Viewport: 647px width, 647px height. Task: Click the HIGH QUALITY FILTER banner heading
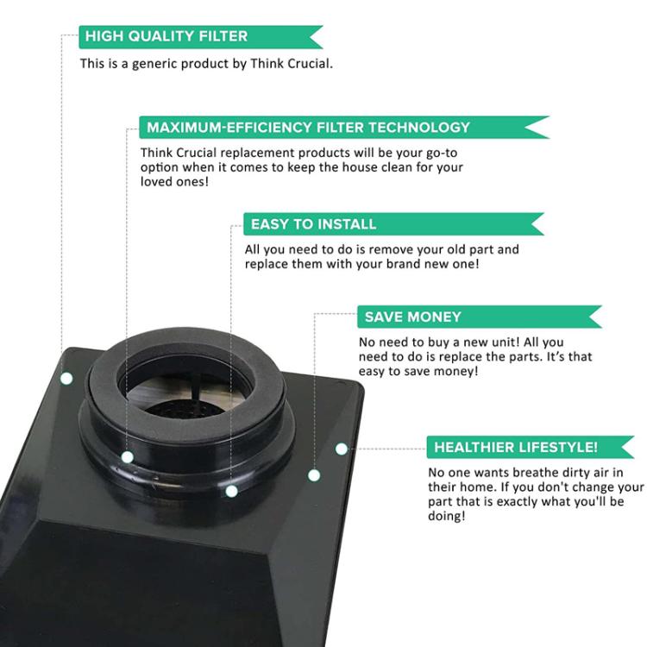[166, 36]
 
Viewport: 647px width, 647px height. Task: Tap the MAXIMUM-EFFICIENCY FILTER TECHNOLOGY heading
[308, 127]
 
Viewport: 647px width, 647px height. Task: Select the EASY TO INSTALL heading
[314, 224]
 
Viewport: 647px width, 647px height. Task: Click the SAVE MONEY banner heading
[412, 317]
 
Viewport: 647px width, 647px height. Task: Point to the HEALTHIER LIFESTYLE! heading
[516, 447]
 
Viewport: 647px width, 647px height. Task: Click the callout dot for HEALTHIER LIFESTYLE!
[342, 449]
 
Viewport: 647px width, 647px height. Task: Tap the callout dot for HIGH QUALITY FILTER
[66, 379]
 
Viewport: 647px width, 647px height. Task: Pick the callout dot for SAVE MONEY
[314, 475]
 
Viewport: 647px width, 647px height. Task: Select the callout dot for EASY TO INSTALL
[231, 491]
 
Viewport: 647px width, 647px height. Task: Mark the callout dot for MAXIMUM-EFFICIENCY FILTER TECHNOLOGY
[128, 457]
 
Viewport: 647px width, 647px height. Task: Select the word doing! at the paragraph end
[447, 516]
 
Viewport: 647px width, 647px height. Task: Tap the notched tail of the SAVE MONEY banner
[594, 317]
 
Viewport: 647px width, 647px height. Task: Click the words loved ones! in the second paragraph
[174, 181]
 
